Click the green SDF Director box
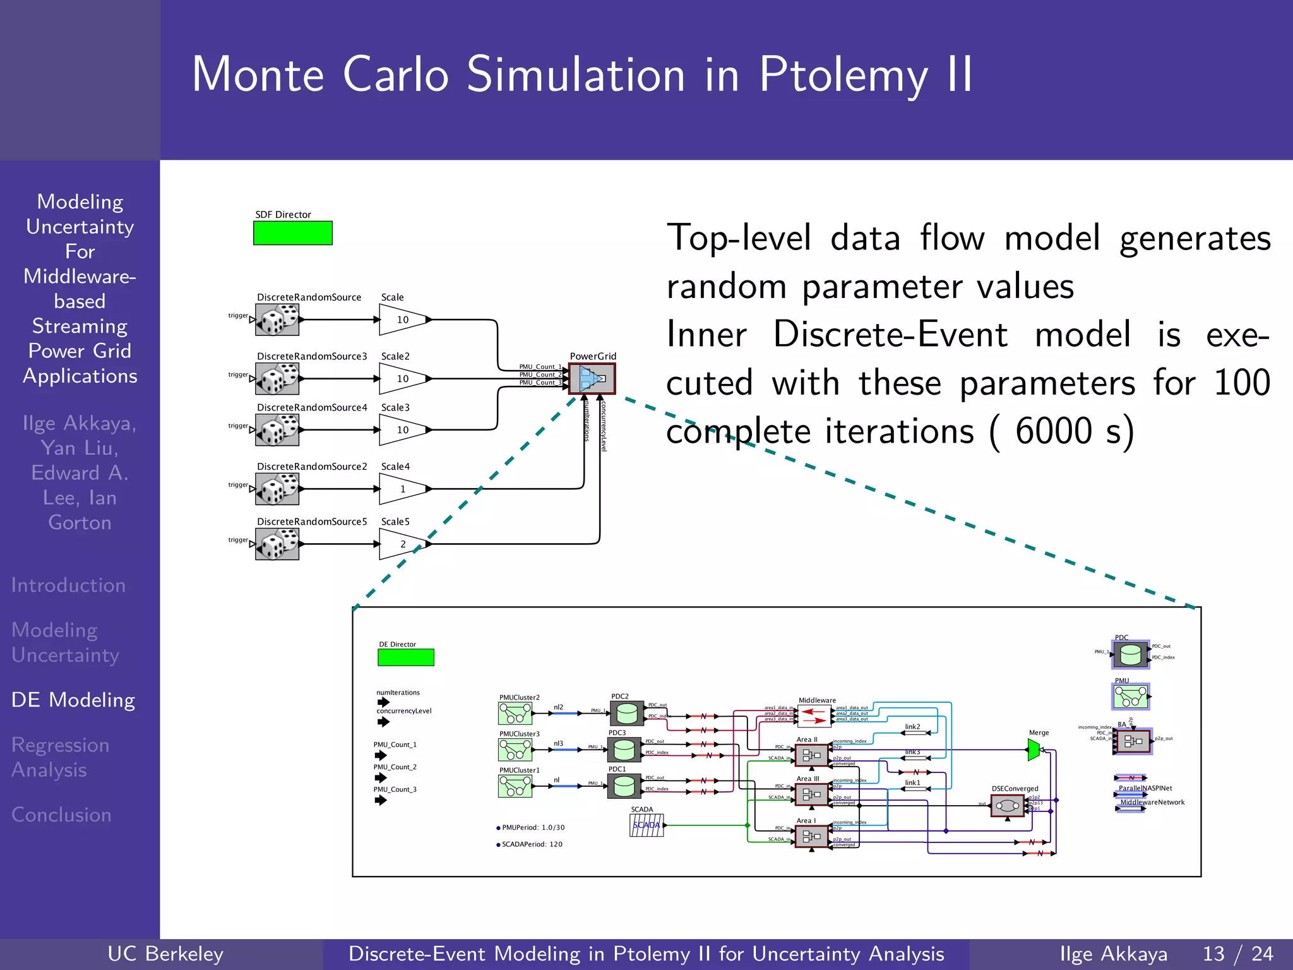click(292, 233)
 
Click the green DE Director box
click(405, 657)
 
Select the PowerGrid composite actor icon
click(592, 378)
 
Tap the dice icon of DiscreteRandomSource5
click(277, 544)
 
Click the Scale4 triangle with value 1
click(403, 489)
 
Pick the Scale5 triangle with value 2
click(403, 544)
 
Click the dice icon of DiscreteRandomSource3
click(277, 379)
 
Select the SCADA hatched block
click(646, 825)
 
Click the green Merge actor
click(1034, 750)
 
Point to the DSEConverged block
click(1007, 805)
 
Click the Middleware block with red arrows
click(814, 716)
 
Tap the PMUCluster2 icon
click(515, 714)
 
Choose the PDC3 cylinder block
click(624, 750)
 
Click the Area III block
click(811, 794)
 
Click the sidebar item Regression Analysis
click(60, 757)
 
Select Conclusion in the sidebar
click(61, 815)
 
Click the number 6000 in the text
click(1053, 431)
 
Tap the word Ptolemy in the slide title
click(843, 75)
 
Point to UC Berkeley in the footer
click(165, 954)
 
